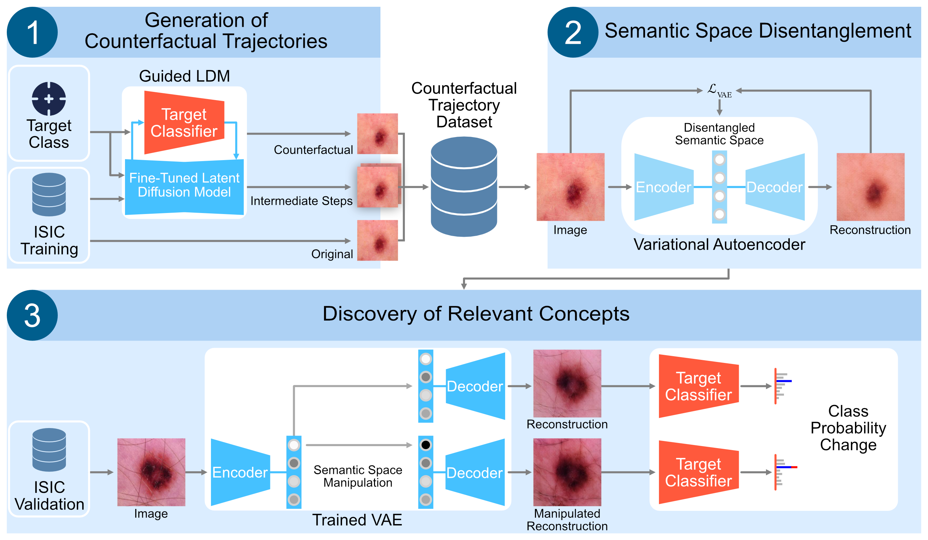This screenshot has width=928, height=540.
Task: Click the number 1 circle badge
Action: click(32, 32)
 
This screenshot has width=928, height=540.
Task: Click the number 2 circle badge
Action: click(573, 32)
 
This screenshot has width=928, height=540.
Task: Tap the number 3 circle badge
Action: click(32, 315)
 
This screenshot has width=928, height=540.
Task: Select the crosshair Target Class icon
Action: click(49, 99)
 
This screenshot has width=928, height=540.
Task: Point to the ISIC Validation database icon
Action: click(49, 449)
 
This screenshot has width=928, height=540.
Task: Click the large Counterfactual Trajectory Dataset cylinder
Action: click(464, 187)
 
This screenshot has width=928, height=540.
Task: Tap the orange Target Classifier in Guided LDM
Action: click(184, 122)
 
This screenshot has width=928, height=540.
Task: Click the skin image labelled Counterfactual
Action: click(377, 134)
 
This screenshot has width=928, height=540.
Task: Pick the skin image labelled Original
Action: click(377, 240)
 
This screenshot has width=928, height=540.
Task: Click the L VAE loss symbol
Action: click(719, 91)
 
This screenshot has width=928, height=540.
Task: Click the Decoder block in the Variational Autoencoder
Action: click(775, 187)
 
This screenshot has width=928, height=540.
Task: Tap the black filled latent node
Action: click(425, 445)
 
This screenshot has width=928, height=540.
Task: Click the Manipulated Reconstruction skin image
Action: click(567, 472)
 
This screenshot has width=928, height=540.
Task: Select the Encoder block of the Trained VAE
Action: click(240, 472)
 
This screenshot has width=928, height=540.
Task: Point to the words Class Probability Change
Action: click(848, 428)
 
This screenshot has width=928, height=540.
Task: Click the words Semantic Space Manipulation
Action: click(358, 476)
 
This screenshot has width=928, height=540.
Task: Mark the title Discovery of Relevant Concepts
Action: click(476, 314)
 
